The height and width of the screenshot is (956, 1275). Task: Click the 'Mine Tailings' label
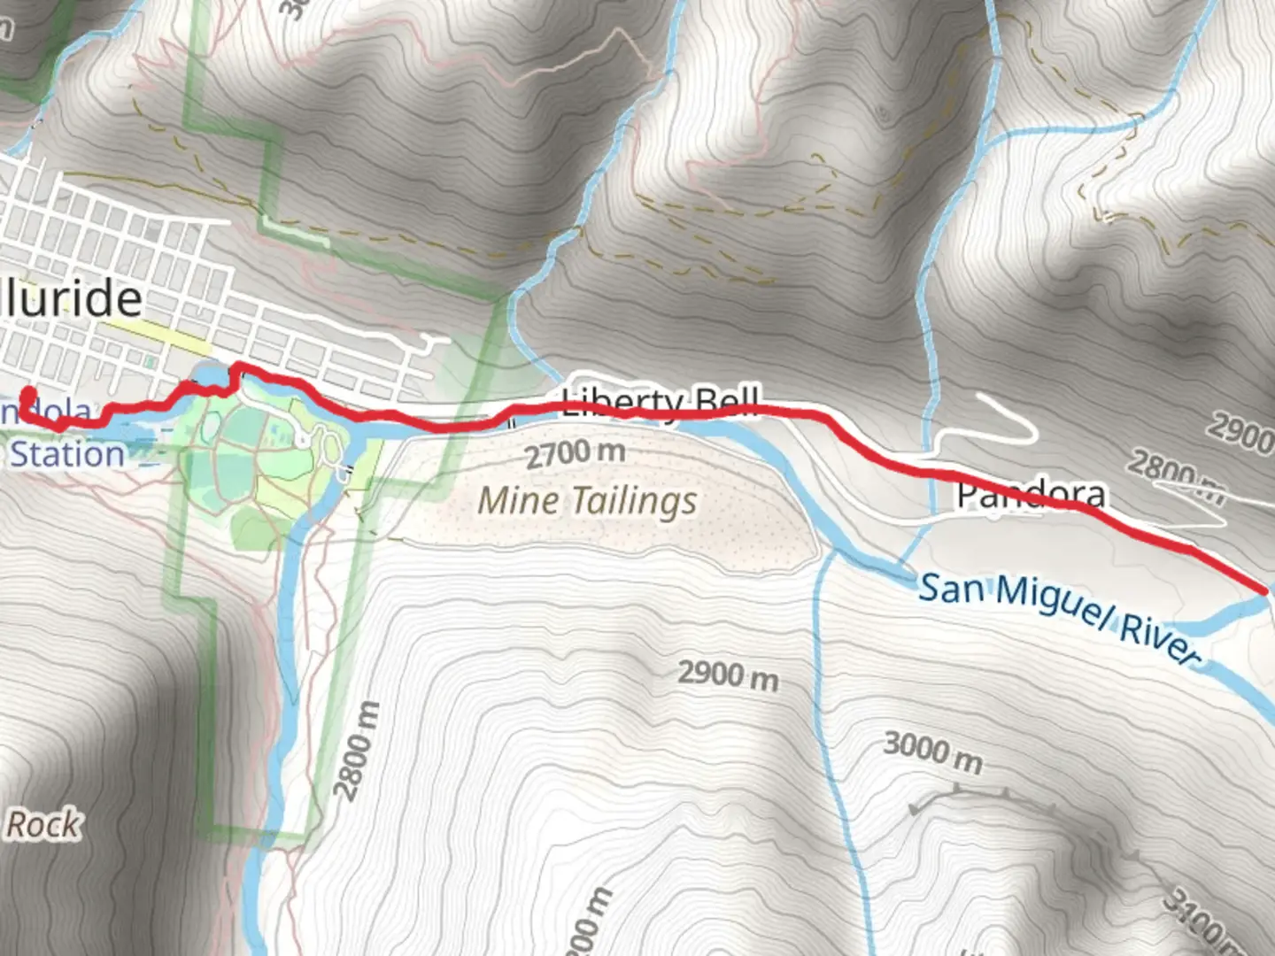(x=587, y=501)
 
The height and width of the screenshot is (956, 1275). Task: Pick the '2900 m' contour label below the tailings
(x=728, y=675)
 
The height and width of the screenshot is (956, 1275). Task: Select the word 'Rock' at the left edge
(x=42, y=824)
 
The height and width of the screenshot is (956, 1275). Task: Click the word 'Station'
(x=67, y=454)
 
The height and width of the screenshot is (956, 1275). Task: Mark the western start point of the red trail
(x=29, y=394)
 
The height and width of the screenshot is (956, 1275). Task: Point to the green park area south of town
(x=257, y=469)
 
